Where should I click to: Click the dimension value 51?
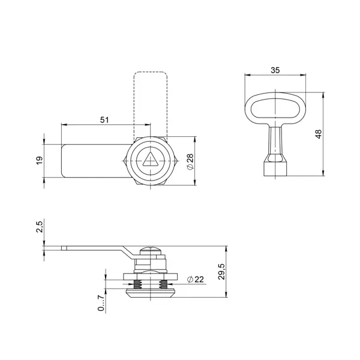click(x=104, y=120)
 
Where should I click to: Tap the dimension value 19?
click(x=40, y=160)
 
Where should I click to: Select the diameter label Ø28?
click(x=190, y=161)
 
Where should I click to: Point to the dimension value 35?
click(x=275, y=70)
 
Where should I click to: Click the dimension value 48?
click(x=319, y=134)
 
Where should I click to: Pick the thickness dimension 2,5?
click(x=40, y=227)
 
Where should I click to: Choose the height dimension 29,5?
click(x=222, y=272)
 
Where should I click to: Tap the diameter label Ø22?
click(x=196, y=280)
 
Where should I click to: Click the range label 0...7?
click(x=101, y=303)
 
